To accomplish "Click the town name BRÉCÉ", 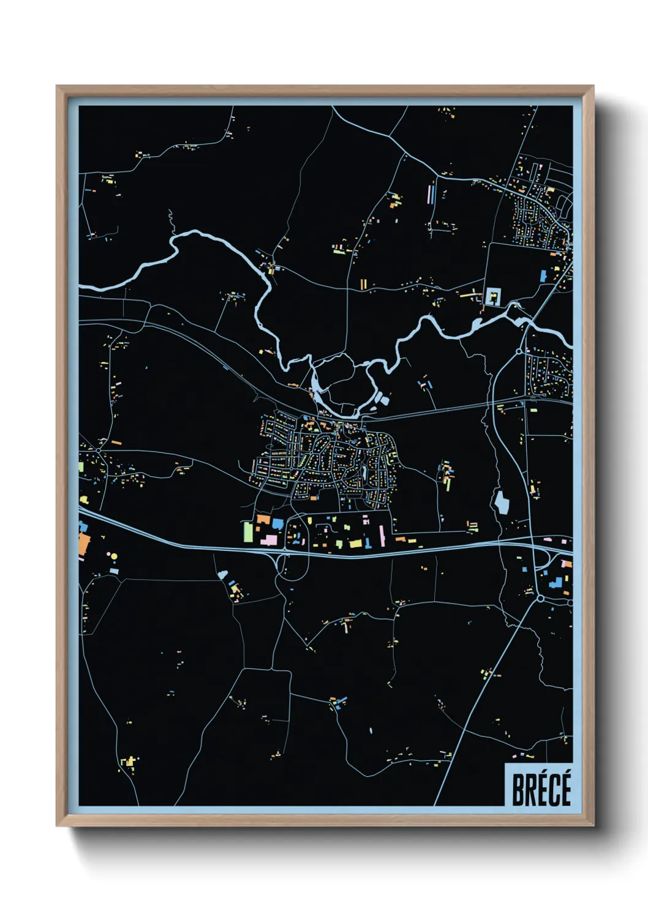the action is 541,789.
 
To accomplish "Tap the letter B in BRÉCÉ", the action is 518,790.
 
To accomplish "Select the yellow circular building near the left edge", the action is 114,557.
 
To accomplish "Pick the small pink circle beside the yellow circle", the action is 108,554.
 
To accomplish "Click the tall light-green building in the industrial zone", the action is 248,531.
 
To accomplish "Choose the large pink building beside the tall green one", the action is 269,539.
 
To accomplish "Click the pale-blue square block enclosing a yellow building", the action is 493,297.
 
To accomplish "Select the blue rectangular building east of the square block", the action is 543,275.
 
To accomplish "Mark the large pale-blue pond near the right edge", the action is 502,503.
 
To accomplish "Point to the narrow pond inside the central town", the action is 365,473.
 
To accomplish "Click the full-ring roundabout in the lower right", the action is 540,598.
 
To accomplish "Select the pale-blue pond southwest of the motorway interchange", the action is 223,575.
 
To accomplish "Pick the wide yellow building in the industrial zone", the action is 355,543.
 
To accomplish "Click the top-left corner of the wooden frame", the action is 57,86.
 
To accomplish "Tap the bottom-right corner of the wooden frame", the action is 593,826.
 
